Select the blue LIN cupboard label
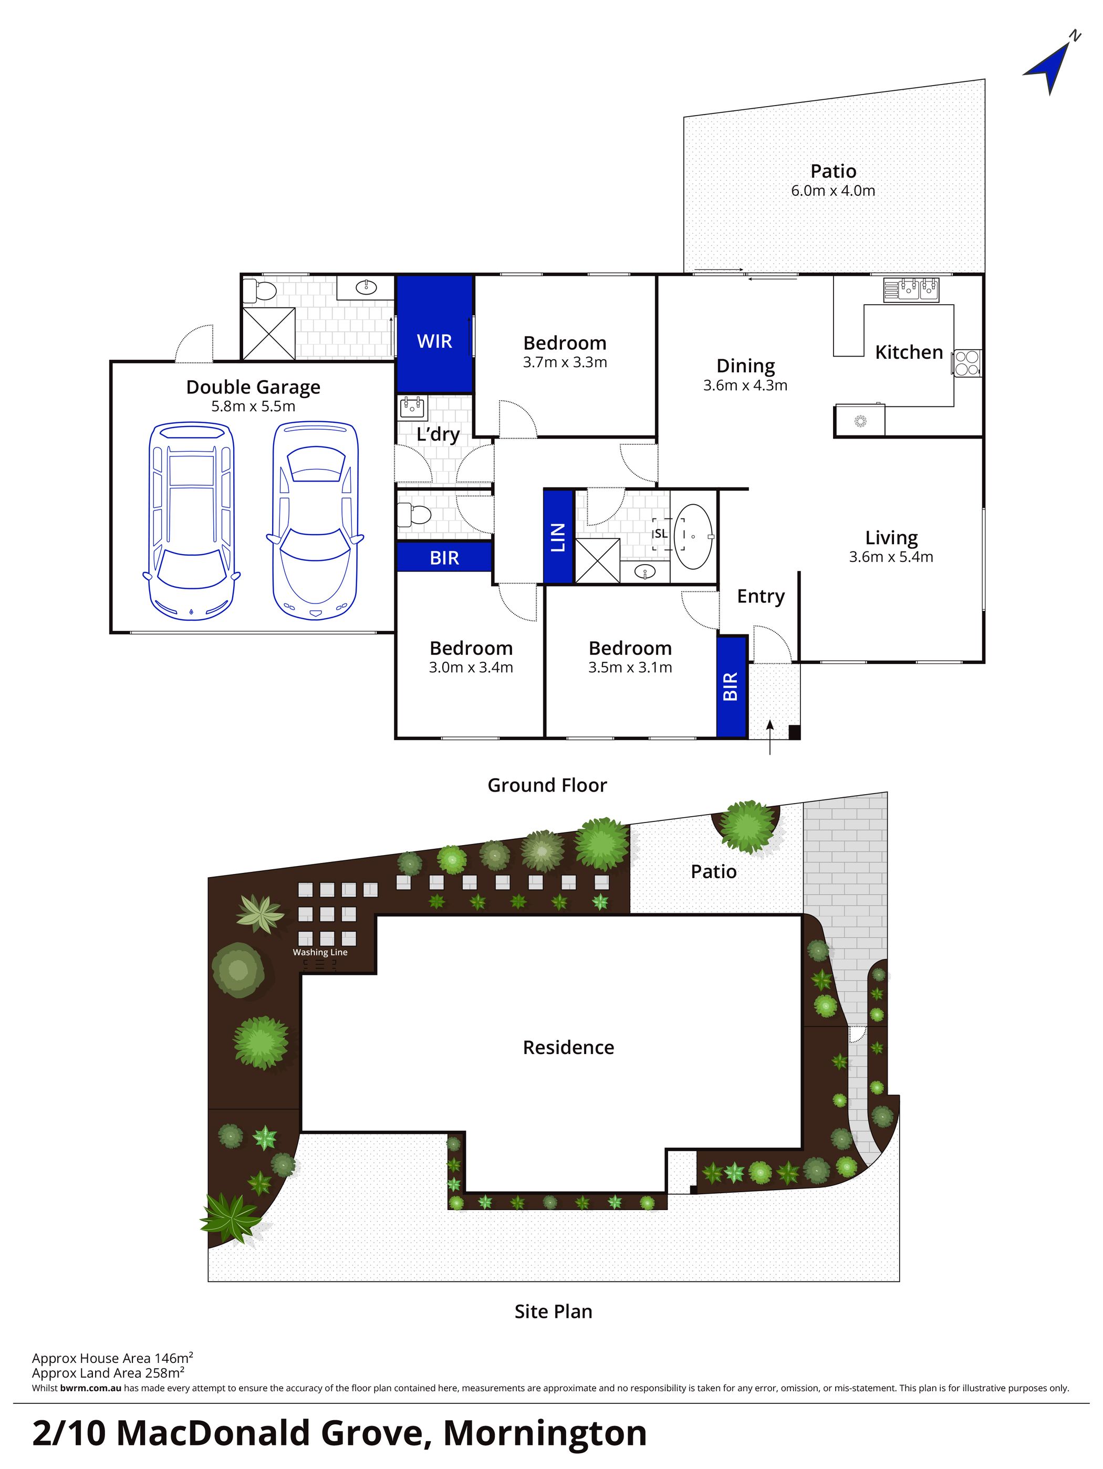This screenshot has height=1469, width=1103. tap(558, 537)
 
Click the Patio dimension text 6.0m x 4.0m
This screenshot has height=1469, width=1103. tap(833, 191)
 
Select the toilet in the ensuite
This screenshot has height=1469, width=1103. tap(259, 291)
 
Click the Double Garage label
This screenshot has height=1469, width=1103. tap(253, 387)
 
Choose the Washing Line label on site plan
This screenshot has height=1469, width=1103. tap(320, 952)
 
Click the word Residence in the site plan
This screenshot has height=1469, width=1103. tap(568, 1047)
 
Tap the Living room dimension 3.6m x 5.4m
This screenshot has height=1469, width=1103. tap(890, 557)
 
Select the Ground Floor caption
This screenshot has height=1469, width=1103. tap(547, 785)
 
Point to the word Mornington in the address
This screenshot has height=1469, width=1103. tap(545, 1433)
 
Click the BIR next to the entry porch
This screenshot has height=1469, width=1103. tap(731, 686)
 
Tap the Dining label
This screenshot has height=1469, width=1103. tap(745, 366)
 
